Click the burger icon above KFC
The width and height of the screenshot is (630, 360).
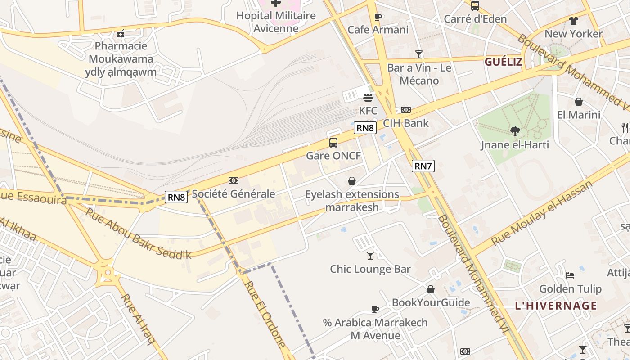(x=368, y=98)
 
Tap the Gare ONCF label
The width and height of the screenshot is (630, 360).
(x=333, y=156)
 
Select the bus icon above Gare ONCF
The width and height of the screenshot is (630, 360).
(x=333, y=143)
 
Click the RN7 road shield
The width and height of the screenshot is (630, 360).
(x=423, y=166)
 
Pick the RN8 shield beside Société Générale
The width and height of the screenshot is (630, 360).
(x=176, y=197)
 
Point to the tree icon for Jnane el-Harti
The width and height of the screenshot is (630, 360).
(x=515, y=131)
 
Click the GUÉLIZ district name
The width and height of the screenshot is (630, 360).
(x=503, y=62)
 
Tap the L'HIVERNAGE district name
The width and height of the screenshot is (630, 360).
(x=556, y=306)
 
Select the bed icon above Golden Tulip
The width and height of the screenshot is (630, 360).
(x=570, y=275)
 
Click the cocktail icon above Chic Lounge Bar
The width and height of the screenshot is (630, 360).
(x=370, y=256)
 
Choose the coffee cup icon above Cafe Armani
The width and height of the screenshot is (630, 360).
(x=378, y=17)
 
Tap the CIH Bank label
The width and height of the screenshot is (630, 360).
(x=406, y=123)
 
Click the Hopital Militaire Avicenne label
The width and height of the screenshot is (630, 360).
(x=276, y=22)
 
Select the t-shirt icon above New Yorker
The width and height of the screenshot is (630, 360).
(x=573, y=21)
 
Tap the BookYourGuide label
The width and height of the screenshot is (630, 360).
(x=431, y=302)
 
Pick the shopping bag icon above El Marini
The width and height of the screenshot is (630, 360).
(x=578, y=102)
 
